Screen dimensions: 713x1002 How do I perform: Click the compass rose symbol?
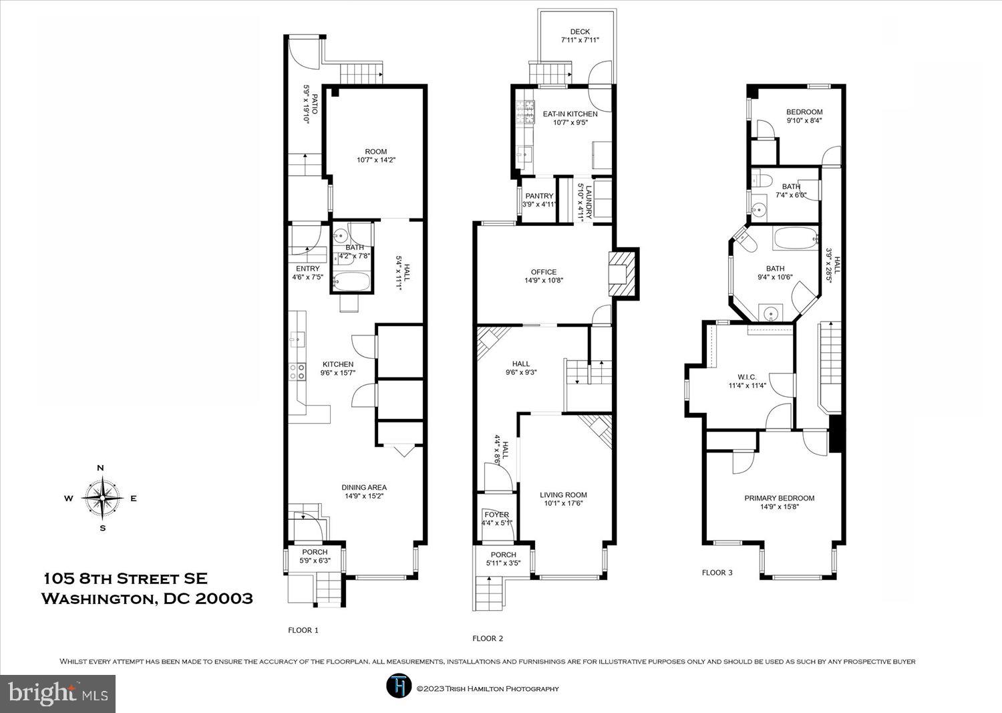(x=102, y=498)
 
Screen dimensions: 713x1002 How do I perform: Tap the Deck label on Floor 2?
(x=579, y=32)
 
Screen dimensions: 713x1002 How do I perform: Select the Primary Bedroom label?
(x=779, y=498)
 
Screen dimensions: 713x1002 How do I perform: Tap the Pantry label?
(x=538, y=196)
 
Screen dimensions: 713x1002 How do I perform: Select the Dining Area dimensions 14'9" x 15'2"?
(x=364, y=496)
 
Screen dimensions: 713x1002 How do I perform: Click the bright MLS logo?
(x=58, y=693)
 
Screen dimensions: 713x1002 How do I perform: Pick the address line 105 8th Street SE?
(x=126, y=578)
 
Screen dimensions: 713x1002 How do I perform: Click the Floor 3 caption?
(x=717, y=573)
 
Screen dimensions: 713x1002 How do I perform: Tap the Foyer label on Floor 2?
(x=496, y=515)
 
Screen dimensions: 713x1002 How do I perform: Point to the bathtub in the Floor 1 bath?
(x=351, y=282)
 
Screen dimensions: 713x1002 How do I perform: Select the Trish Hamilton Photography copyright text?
(x=487, y=689)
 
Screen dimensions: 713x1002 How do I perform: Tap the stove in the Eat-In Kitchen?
(x=526, y=112)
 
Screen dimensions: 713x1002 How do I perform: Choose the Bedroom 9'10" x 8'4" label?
(x=804, y=112)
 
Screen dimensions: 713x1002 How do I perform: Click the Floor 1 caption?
(x=303, y=630)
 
